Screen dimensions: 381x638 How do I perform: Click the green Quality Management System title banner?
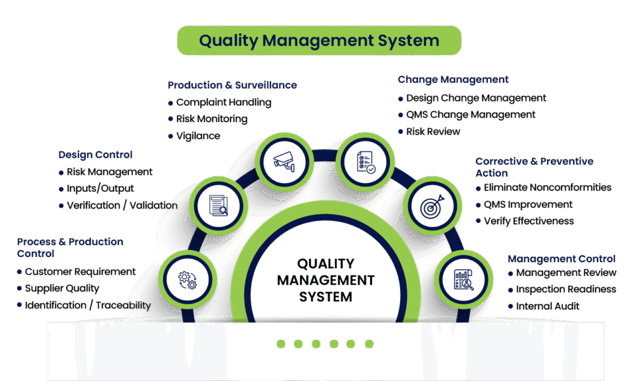319,41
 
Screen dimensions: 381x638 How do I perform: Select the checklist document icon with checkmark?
365,161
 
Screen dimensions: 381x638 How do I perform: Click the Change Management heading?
453,80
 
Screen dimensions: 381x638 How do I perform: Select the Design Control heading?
95,154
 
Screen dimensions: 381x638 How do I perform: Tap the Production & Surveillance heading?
232,85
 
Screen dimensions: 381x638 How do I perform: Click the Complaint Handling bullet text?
224,102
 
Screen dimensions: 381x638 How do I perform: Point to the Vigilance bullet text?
198,136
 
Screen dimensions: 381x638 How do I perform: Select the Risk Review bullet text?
433,131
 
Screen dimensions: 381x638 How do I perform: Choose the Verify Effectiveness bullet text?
528,221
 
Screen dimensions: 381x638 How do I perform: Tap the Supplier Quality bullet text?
62,288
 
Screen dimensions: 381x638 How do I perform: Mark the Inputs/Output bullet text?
100,188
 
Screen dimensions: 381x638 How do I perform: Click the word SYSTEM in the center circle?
326,297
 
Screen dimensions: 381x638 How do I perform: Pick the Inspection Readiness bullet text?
566,289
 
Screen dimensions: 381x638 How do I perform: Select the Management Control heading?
561,258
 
